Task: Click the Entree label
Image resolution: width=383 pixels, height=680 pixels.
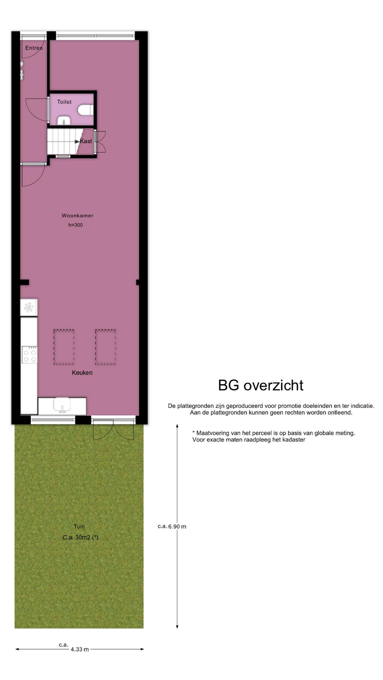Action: point(34,48)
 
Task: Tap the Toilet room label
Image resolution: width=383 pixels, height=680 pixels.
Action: point(64,102)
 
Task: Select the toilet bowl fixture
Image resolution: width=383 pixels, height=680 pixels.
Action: point(85,110)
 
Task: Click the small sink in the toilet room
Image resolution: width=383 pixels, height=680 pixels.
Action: point(64,121)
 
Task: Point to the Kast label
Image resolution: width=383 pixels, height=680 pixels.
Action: point(86,141)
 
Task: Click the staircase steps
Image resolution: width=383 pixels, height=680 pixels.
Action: point(61,141)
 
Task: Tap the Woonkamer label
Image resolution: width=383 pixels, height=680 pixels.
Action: point(77,215)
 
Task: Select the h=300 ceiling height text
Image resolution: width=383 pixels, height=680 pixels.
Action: point(76,225)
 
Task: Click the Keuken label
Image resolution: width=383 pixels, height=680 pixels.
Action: point(82,373)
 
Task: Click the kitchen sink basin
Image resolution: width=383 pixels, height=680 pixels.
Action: point(62,405)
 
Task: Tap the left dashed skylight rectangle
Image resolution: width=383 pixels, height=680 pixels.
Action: point(64,347)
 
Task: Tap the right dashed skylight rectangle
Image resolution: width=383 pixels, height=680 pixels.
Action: point(105,347)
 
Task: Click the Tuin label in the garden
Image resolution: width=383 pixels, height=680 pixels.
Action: point(79,526)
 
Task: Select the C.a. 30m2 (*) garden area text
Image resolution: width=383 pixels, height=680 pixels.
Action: point(81,537)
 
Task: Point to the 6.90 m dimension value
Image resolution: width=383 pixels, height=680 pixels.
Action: point(177,527)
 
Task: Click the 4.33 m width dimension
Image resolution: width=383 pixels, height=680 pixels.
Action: point(79,649)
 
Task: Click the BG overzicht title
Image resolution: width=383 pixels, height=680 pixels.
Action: point(261,385)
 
